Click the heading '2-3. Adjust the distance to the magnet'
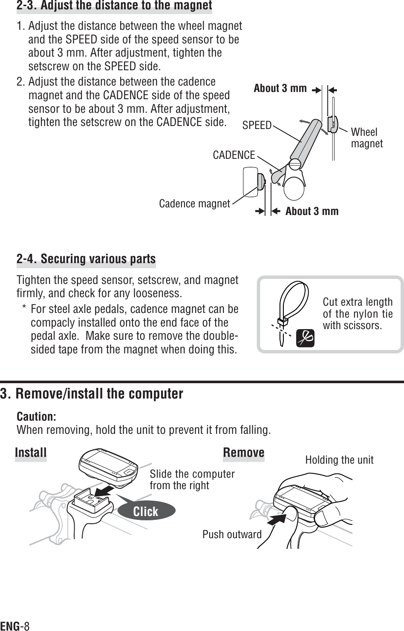coord(114,6)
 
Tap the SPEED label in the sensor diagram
coord(257,125)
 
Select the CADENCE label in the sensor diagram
coord(234,155)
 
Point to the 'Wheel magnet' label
coord(366,138)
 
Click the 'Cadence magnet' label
coord(194,204)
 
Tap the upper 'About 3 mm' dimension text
coord(280,89)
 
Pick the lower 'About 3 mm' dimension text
coord(312,211)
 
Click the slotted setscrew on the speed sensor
coord(296,163)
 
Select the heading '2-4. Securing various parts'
coord(86,259)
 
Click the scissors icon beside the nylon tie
coord(305,338)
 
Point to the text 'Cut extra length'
coord(358,302)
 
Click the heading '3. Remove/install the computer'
coord(92,393)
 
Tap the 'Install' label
coord(31,452)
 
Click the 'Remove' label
coord(243,452)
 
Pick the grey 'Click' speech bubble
coord(146,511)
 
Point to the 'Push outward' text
coord(232,534)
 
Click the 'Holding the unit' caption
coord(339,460)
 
